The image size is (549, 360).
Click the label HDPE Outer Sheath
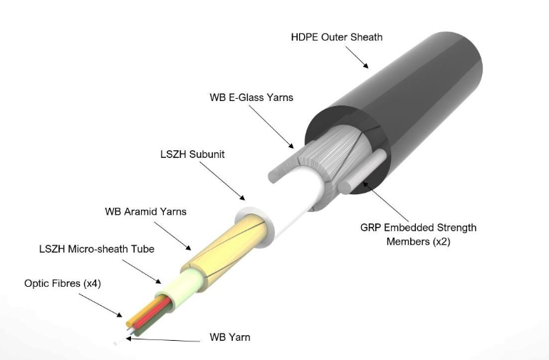click(337, 37)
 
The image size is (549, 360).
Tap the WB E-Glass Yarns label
click(251, 97)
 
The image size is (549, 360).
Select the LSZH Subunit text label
click(192, 154)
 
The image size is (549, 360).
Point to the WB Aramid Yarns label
click(145, 211)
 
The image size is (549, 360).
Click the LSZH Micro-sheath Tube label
click(97, 249)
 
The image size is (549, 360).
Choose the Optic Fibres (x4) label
click(63, 283)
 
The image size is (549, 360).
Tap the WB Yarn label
click(230, 337)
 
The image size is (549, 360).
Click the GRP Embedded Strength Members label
click(419, 234)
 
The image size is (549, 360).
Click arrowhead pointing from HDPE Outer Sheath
click(365, 65)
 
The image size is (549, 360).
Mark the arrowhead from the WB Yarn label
click(129, 339)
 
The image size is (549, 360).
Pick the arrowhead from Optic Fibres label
click(120, 315)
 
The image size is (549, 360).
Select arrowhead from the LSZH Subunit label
click(242, 198)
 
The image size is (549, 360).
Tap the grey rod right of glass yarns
click(362, 171)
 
